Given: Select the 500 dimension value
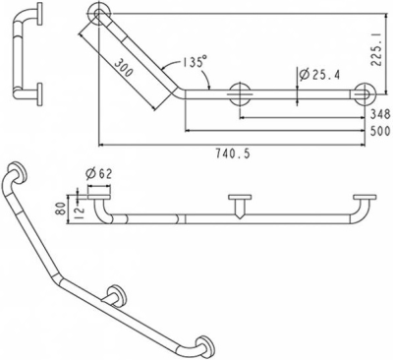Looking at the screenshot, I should point(373,132).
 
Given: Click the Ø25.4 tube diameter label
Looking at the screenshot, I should point(317,74).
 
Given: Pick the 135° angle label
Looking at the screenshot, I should point(193,63).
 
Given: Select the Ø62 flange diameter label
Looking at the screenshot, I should point(99,174).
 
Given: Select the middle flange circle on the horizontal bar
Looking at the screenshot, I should point(238,95).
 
